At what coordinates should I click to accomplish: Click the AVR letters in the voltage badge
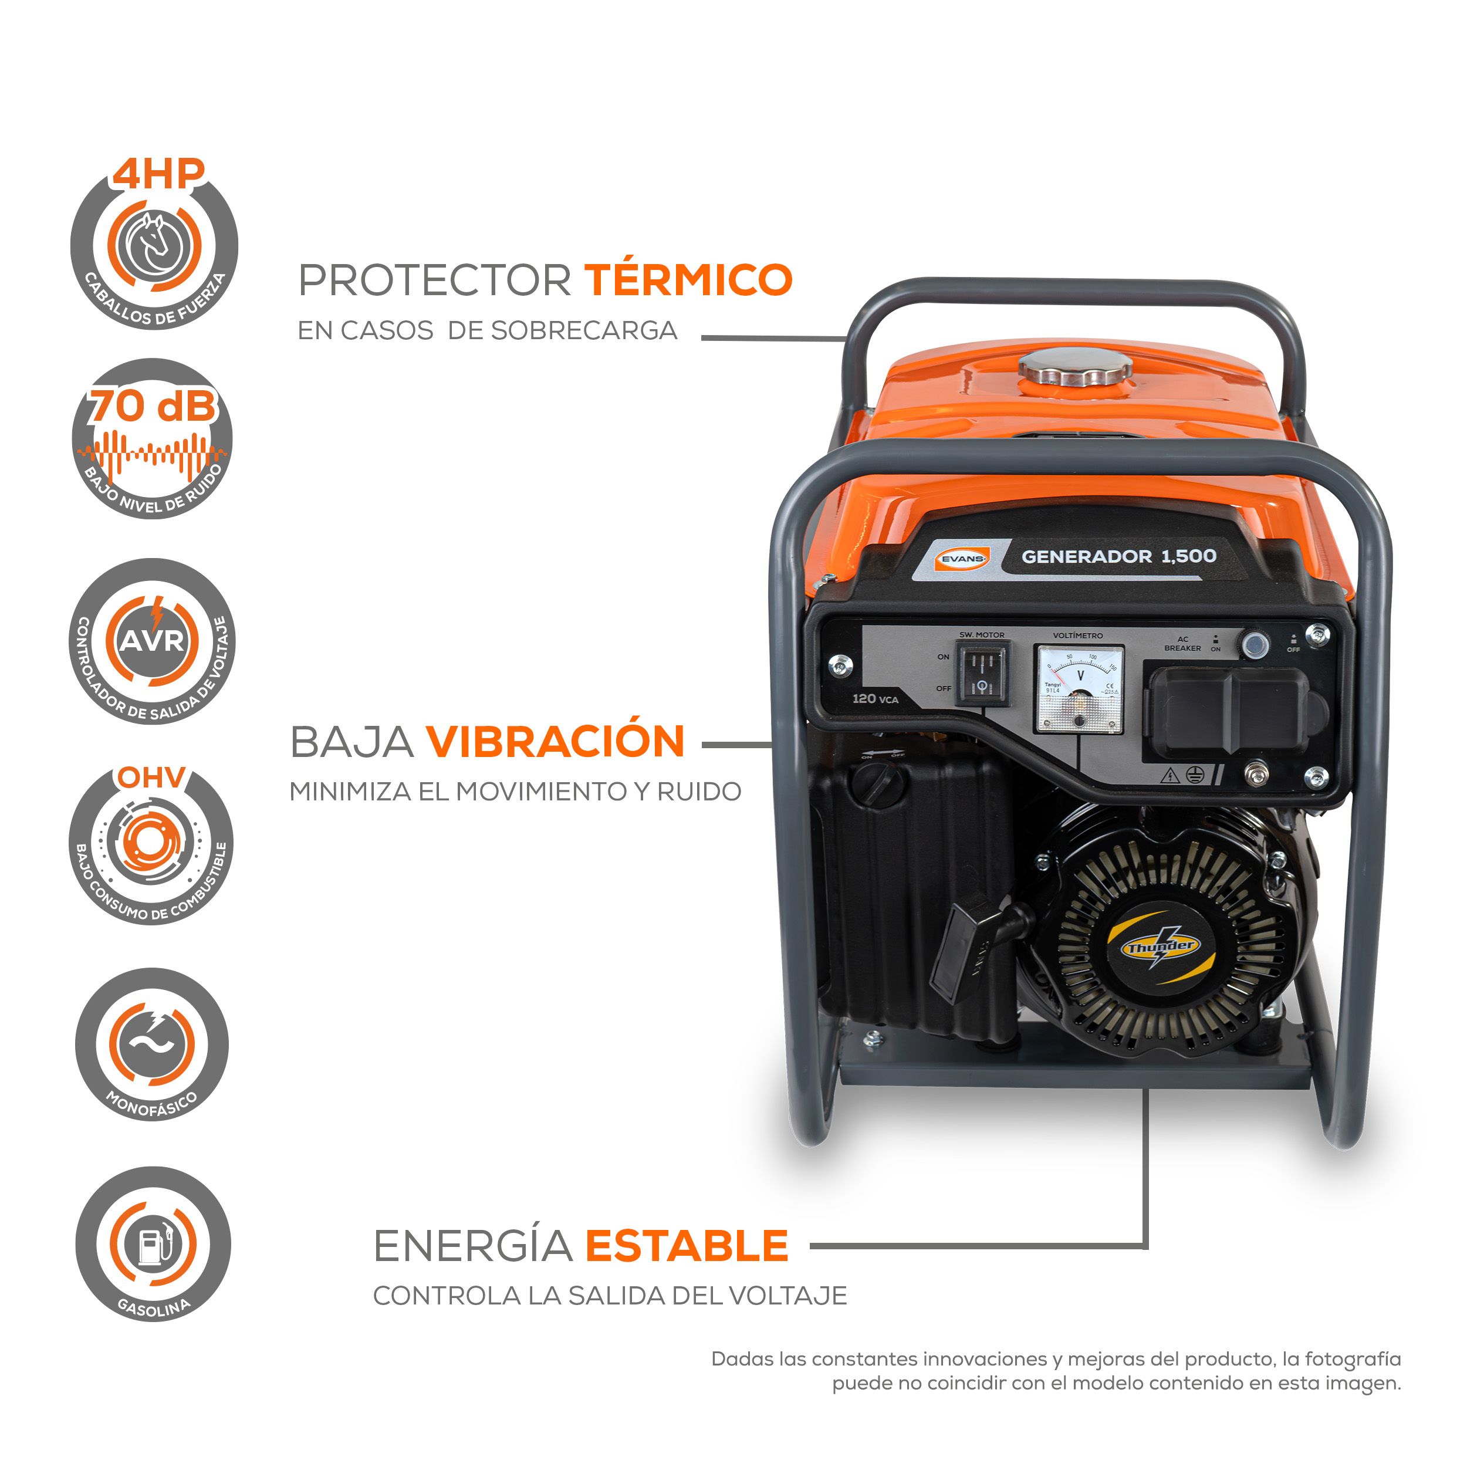click(152, 641)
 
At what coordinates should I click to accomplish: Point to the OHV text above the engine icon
click(152, 778)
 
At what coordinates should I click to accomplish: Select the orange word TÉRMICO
click(688, 279)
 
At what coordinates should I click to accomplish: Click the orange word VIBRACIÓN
click(555, 742)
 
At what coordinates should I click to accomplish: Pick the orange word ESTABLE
click(687, 1246)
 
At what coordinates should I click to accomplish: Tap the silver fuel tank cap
click(1074, 370)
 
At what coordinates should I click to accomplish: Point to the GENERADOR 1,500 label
click(1118, 556)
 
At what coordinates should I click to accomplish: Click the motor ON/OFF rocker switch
click(982, 672)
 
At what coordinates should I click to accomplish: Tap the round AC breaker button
click(1253, 644)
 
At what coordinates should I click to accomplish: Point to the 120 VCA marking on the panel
click(875, 698)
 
